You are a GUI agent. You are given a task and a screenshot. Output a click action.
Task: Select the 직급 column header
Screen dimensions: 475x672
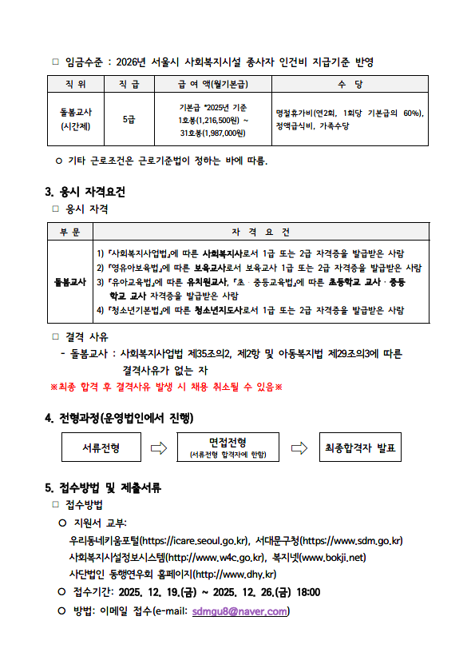pos(129,83)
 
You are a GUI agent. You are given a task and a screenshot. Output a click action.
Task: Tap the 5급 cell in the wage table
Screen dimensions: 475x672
pos(129,120)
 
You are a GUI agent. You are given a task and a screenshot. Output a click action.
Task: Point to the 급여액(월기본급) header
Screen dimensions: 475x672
pos(212,83)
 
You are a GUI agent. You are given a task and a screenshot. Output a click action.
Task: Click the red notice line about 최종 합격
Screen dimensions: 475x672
pos(166,387)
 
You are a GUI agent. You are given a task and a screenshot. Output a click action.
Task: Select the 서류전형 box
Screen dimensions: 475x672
pos(101,447)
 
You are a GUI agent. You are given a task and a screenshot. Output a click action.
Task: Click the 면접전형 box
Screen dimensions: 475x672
pos(228,447)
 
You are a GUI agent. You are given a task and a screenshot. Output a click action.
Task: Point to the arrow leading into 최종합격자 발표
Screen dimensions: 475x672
pos(299,447)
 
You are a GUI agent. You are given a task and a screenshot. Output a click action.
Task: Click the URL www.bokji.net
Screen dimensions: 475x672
pos(333,558)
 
